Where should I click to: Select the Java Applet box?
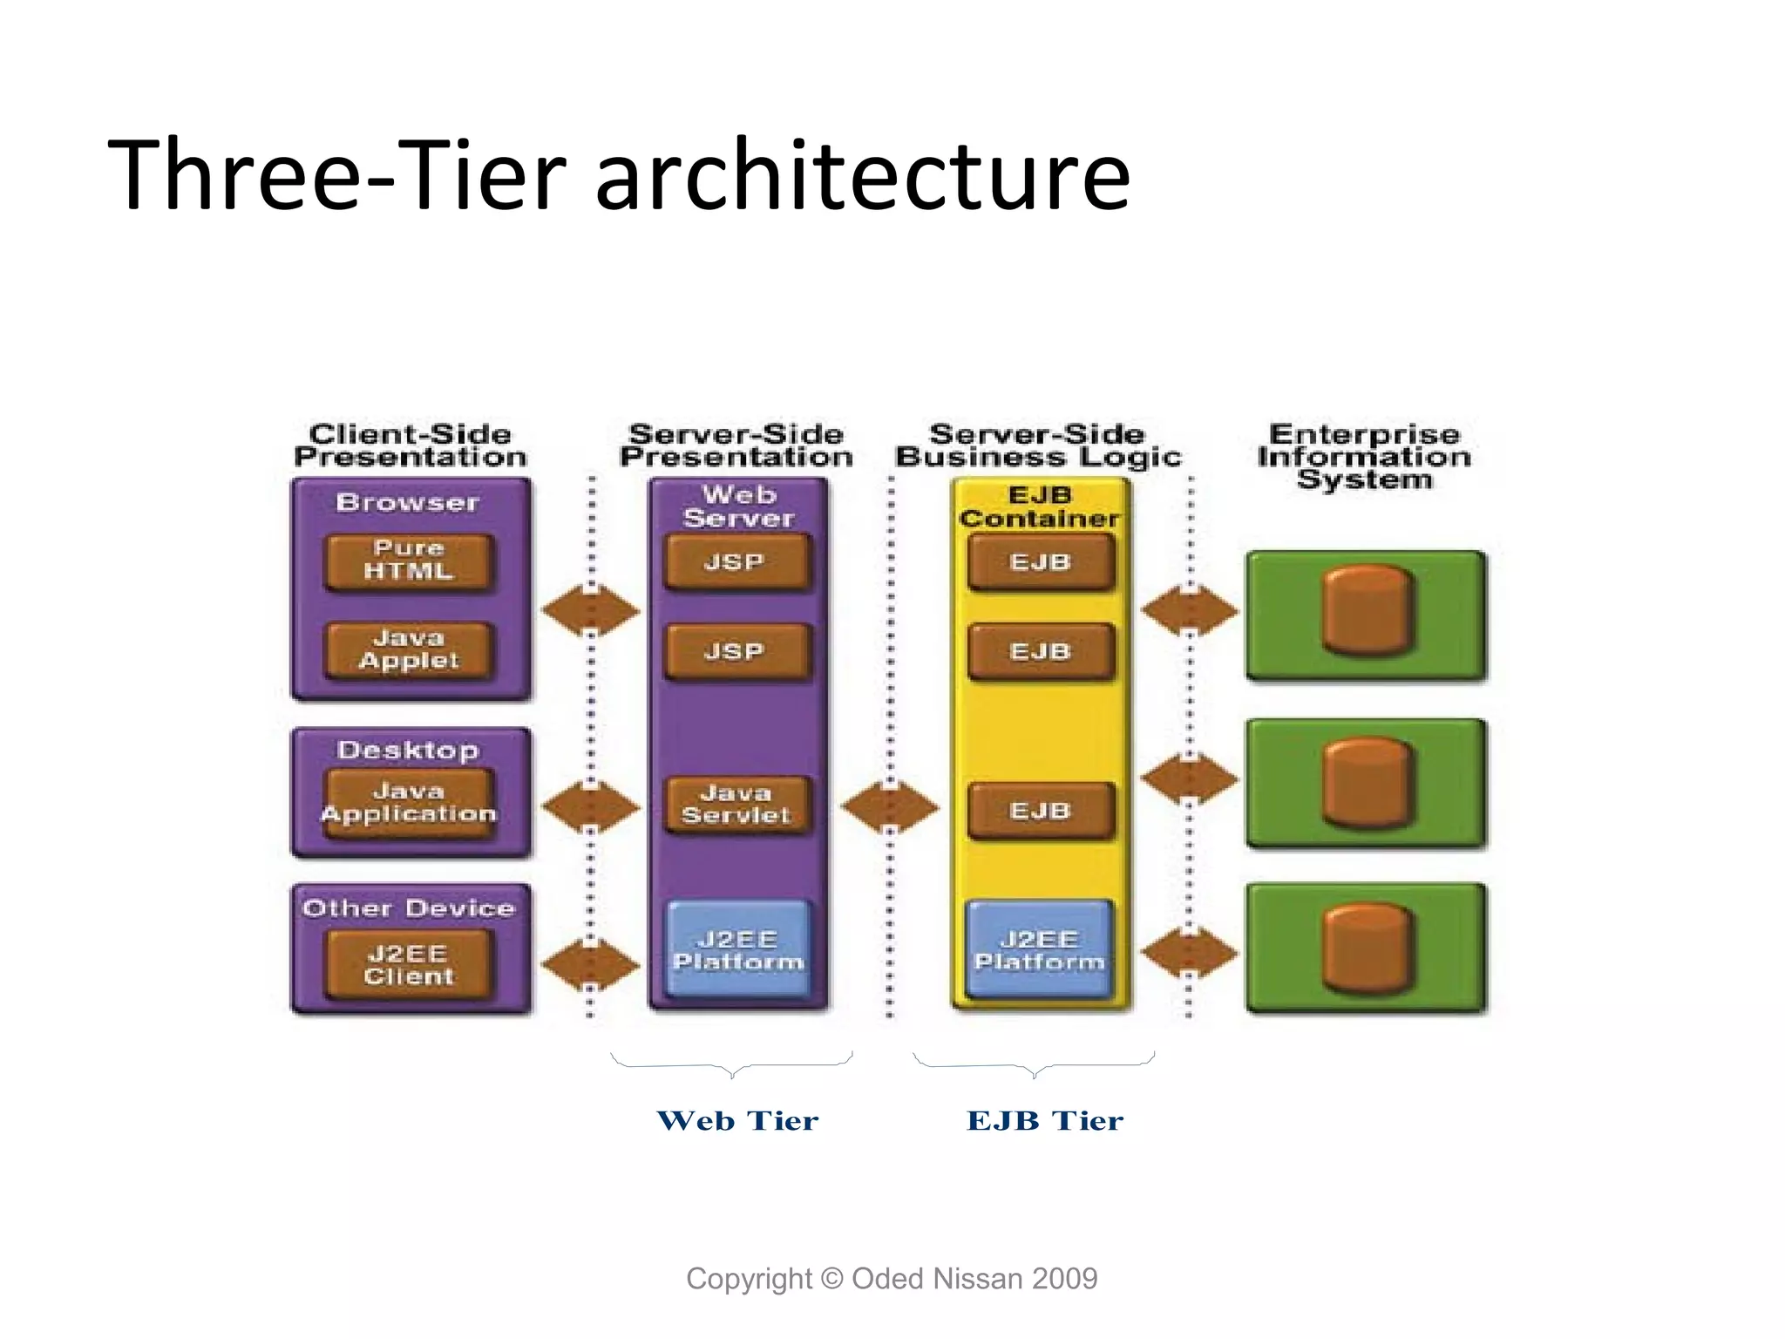pos(409,650)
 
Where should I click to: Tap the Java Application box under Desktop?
pos(409,804)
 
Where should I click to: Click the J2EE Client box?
pos(409,965)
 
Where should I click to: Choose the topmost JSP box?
pos(736,562)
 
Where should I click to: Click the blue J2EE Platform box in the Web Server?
pos(738,950)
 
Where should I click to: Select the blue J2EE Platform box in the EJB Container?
pos(1040,950)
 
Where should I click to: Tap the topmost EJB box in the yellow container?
pos(1041,562)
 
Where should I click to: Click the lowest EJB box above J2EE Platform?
pos(1041,812)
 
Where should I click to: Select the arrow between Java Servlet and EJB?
pos(890,807)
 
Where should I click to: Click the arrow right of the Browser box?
pos(591,610)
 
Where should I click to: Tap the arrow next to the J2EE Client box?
pos(591,964)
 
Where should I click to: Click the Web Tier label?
pos(737,1121)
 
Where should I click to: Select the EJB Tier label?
pos(1045,1121)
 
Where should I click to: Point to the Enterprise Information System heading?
pos(1364,457)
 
